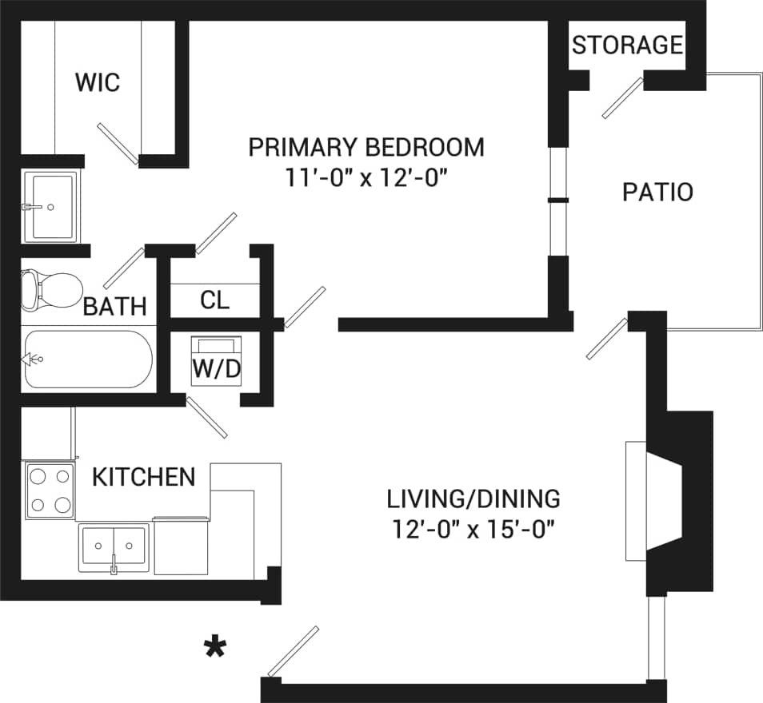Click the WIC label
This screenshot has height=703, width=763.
(x=97, y=81)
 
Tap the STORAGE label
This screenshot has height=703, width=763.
(x=627, y=45)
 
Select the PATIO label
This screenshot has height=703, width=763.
(x=657, y=193)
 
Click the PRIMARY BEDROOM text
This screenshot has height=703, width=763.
(x=366, y=148)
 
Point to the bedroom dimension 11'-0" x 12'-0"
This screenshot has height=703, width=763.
(x=366, y=177)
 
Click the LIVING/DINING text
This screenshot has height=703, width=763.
(x=473, y=499)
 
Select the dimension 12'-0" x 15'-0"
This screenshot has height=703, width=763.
(x=473, y=529)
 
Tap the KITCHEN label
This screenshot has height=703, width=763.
(x=144, y=477)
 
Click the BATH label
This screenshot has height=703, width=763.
(x=115, y=306)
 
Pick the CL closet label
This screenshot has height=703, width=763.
(x=214, y=300)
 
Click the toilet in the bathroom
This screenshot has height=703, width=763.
(x=50, y=288)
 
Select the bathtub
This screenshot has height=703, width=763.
(x=86, y=359)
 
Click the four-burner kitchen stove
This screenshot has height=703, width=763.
(x=49, y=491)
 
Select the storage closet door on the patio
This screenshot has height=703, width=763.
(x=623, y=98)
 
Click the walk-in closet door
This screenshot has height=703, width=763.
(x=118, y=144)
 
